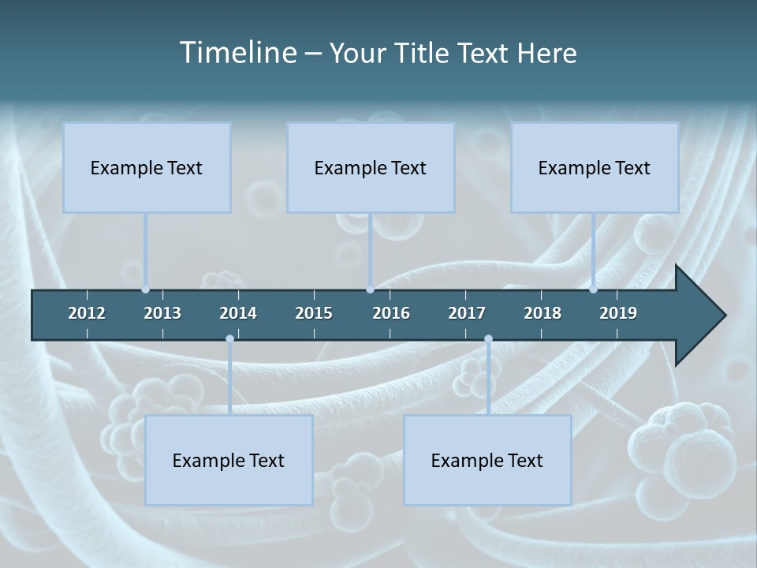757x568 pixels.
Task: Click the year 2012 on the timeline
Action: click(x=87, y=313)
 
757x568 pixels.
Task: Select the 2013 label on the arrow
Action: click(x=162, y=313)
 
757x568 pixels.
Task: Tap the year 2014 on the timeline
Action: click(x=238, y=313)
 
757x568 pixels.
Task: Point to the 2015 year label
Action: click(x=314, y=313)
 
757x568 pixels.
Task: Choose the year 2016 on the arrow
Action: click(x=391, y=313)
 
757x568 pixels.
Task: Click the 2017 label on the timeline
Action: click(x=467, y=313)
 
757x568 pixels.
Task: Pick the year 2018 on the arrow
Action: click(x=543, y=313)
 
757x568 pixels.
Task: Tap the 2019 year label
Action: click(x=618, y=313)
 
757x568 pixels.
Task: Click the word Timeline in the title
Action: click(x=237, y=53)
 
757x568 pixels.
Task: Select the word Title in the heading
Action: click(x=427, y=53)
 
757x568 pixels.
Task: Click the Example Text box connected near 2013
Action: click(x=147, y=167)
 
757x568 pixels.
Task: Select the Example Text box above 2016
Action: click(x=371, y=167)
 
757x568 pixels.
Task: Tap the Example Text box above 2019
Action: click(x=595, y=167)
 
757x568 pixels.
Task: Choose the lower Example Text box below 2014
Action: click(x=229, y=460)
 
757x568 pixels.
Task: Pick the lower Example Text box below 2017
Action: click(x=487, y=460)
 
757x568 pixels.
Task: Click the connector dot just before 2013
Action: click(x=145, y=290)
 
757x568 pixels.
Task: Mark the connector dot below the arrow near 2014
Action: click(x=229, y=339)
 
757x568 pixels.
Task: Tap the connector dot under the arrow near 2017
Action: click(x=488, y=339)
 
